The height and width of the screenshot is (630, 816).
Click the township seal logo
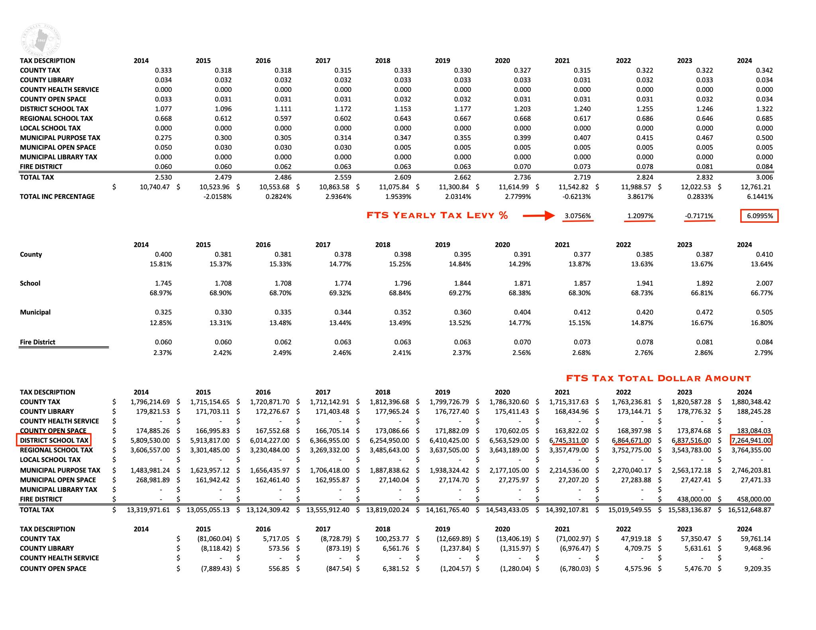point(41,40)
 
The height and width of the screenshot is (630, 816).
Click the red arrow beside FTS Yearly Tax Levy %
point(538,216)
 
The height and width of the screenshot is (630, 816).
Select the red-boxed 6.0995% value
point(759,216)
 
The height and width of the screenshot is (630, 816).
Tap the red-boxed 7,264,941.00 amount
point(751,440)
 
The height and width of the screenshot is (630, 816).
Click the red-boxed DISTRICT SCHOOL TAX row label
point(54,440)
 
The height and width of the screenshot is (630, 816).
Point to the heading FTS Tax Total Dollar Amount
point(658,378)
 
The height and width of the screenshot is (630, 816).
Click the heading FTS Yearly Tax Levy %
point(437,215)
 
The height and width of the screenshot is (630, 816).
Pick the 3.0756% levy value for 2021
point(578,216)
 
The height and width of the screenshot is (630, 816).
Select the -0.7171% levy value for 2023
point(699,216)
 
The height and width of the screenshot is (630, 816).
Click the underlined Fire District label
point(37,342)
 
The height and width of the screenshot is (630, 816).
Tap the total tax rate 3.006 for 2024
point(764,177)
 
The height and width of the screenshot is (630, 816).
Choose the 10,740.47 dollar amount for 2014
point(155,187)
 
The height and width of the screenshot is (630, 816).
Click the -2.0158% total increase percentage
point(217,197)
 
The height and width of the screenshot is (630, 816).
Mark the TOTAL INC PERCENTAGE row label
point(57,197)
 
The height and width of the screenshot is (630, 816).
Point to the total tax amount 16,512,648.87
point(749,510)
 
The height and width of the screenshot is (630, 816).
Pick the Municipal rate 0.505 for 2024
point(764,312)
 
